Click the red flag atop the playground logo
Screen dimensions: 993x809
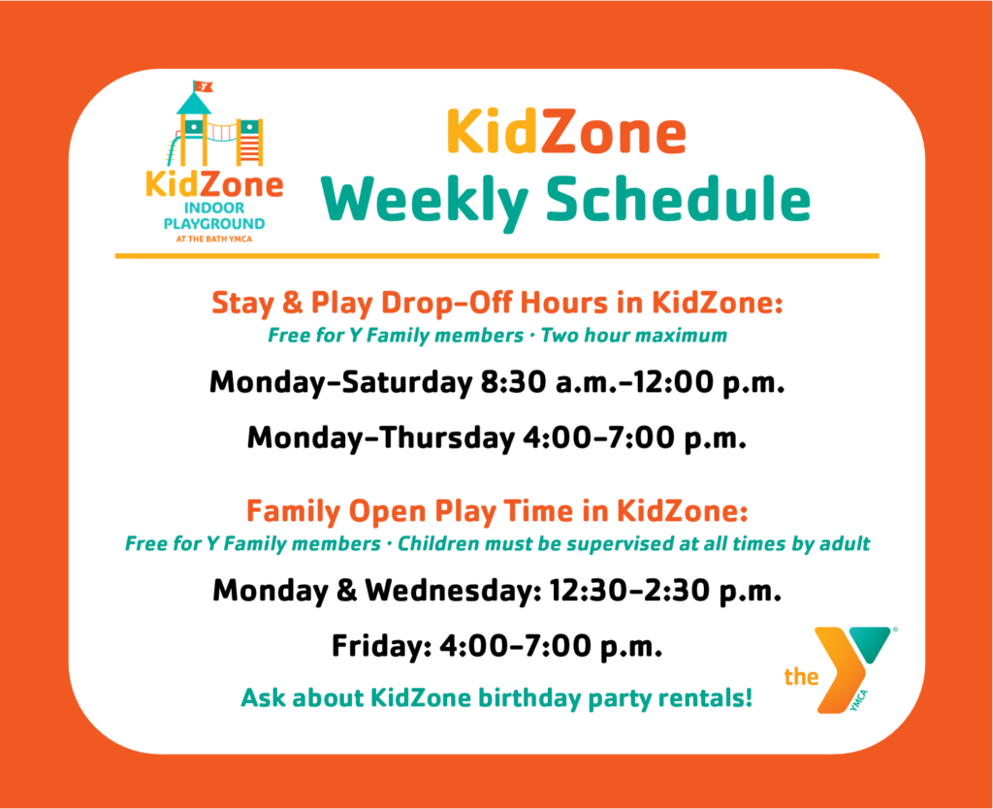point(204,86)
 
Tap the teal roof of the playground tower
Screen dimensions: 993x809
point(194,104)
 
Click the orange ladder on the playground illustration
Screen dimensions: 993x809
point(249,144)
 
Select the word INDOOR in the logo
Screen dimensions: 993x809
point(214,208)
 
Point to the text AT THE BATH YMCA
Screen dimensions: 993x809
point(214,239)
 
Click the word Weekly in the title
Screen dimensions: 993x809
point(425,200)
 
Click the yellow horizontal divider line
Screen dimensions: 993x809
point(497,256)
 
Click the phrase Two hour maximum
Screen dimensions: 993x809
point(634,335)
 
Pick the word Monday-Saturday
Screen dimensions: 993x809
point(340,382)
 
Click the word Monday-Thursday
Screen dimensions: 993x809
point(381,437)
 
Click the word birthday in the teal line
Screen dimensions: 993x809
point(529,698)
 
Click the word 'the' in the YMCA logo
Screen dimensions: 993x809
point(801,677)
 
